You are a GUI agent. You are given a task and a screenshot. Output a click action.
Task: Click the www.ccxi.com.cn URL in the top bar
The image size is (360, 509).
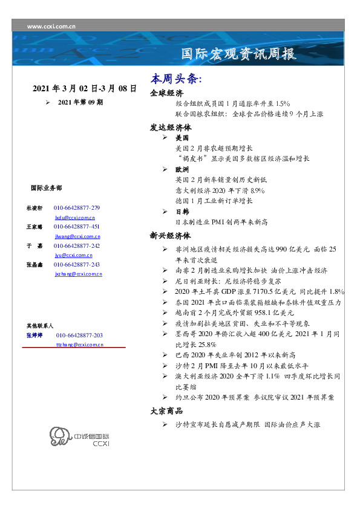click(52, 25)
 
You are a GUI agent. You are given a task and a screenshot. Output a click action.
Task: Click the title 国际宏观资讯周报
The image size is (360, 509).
click(239, 54)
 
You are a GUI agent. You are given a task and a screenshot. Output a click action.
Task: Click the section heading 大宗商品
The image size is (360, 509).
click(167, 411)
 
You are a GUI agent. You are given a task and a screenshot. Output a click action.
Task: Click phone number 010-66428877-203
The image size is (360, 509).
click(79, 335)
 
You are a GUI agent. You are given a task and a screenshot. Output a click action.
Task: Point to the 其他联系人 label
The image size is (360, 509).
click(41, 325)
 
